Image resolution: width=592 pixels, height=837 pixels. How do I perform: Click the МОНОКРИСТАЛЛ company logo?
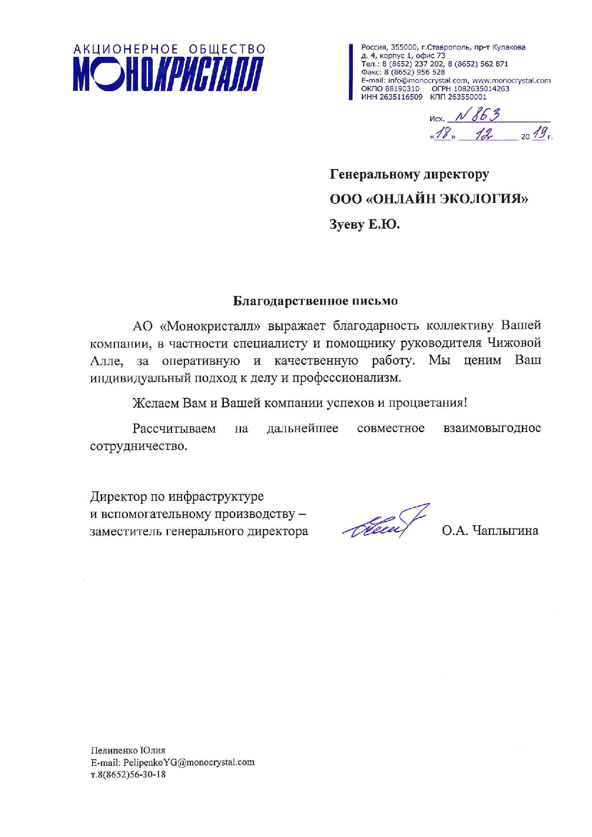point(169,74)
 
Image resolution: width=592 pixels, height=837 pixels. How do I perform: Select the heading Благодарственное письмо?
point(315,301)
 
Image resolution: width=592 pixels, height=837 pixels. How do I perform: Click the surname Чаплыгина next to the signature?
point(505,530)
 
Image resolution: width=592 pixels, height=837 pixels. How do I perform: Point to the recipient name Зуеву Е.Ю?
point(364,224)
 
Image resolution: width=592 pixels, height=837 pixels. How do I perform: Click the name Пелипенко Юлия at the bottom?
point(128,750)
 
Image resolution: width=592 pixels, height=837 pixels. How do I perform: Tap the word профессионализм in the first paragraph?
point(346,378)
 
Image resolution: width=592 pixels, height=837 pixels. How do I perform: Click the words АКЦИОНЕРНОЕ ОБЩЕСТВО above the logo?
point(169,49)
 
